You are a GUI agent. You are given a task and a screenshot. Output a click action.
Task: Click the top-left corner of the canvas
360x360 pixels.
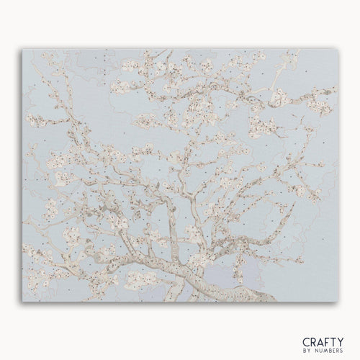[23, 50]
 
